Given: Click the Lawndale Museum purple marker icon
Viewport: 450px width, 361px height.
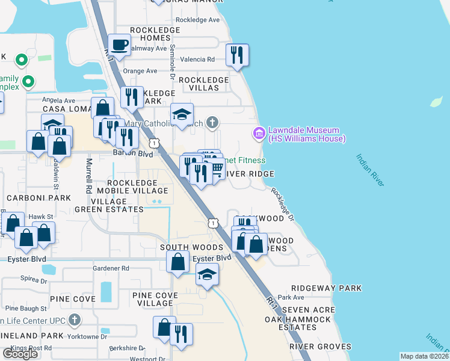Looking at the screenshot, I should click(259, 133).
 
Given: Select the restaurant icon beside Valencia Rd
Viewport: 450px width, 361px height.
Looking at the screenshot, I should click(237, 55).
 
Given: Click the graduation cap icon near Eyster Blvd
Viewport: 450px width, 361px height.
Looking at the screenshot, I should click(207, 274).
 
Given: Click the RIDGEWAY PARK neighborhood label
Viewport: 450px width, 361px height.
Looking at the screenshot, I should click(326, 288).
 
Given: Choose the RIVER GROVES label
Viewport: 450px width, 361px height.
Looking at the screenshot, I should click(320, 347).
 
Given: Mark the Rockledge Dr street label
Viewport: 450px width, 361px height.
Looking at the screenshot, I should click(282, 205).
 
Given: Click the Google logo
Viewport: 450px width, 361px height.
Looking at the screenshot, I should click(20, 354).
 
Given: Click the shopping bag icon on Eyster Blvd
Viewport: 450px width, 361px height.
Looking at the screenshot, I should click(177, 262).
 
